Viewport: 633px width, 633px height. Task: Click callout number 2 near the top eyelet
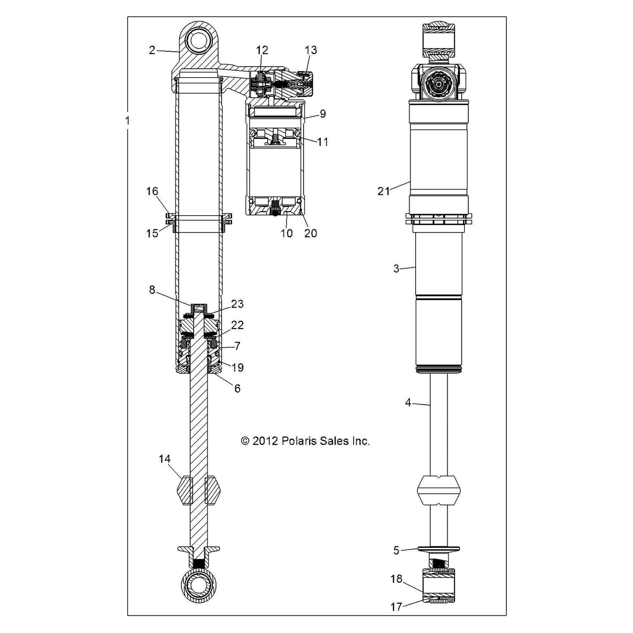152,50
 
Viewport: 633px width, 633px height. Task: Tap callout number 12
262,50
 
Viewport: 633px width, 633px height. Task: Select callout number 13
311,50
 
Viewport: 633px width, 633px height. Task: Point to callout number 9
322,113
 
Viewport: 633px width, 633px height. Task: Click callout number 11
322,142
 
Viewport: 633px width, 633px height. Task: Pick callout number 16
152,191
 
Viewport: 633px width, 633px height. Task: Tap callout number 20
311,233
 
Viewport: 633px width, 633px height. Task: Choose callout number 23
237,304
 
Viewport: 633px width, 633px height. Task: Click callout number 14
165,459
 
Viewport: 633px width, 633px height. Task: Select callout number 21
383,191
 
